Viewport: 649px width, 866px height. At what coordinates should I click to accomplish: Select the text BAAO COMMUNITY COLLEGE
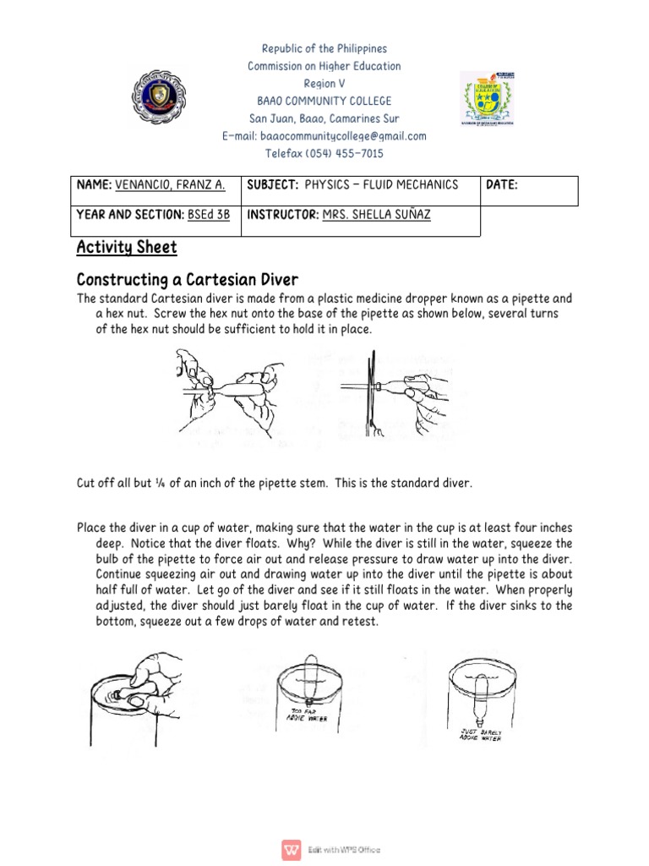(324, 101)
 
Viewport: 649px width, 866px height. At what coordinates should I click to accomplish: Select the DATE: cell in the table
(502, 185)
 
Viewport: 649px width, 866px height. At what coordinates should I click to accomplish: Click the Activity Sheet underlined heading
(127, 247)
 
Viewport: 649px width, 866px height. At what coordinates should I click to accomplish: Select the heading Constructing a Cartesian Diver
(187, 279)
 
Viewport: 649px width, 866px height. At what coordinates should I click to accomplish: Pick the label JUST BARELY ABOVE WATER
(480, 734)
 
